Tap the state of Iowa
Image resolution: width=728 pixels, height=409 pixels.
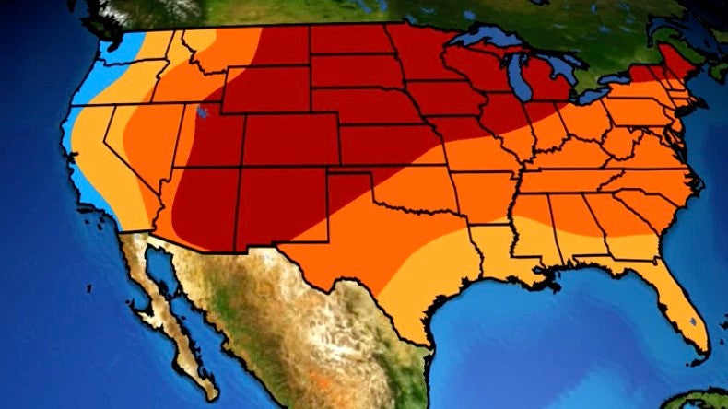pos(442,98)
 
